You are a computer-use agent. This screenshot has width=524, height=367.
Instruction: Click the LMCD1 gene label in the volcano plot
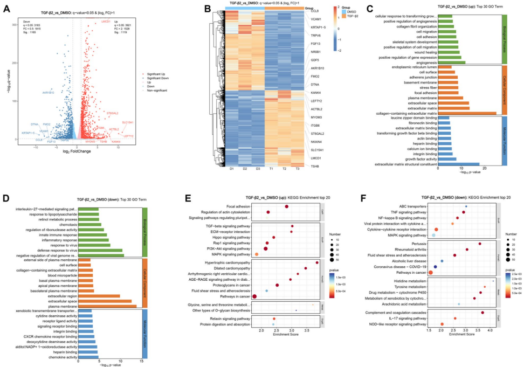106,22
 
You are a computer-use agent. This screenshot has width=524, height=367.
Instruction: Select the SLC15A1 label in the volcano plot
128,123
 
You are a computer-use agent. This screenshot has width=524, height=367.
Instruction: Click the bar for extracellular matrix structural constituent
458,164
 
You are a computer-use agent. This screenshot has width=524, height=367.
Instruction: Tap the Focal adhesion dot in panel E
287,207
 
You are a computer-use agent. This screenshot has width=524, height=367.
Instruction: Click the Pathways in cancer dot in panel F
430,273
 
